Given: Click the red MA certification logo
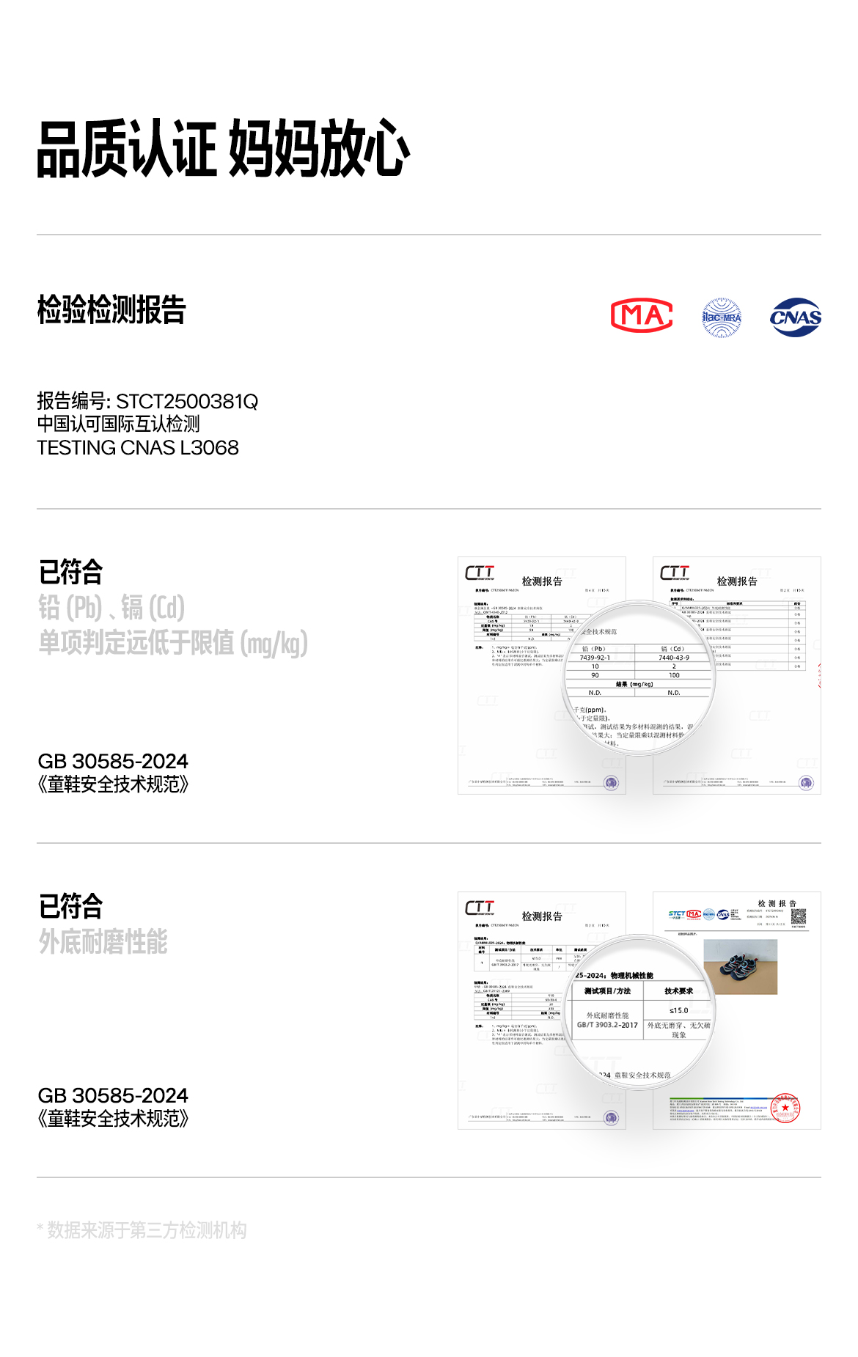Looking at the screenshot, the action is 642,316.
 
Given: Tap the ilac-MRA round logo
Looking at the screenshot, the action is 722,317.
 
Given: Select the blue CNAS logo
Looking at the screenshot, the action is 796,317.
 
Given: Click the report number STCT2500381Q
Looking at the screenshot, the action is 187,402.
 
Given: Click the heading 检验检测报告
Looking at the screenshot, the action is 111,309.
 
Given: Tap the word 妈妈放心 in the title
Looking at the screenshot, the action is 319,149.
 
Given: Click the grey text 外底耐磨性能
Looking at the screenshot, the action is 103,941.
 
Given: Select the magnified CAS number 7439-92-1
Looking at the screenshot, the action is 595,658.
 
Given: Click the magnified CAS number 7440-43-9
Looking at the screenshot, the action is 674,658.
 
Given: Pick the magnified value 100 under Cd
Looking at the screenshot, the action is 674,675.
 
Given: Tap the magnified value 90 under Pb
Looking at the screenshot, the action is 595,675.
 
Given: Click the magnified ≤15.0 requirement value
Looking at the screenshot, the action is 678,1010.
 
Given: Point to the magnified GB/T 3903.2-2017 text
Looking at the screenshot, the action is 607,1025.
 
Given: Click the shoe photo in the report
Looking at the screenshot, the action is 740,967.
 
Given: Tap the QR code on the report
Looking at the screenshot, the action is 799,916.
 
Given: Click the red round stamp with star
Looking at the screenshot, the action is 786,1108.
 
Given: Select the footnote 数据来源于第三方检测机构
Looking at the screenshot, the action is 147,1230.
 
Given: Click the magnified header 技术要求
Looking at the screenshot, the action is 678,991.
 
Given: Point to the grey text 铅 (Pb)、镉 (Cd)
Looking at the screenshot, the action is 111,608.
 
